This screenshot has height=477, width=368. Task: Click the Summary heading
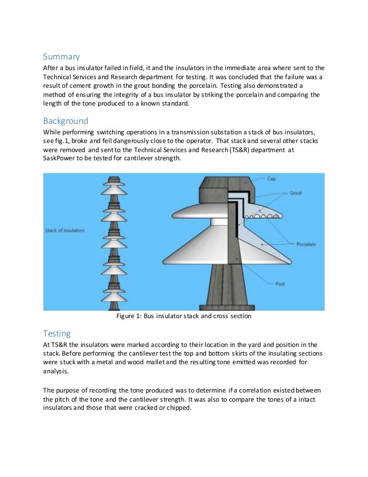coord(61,57)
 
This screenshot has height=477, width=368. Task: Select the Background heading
coord(66,120)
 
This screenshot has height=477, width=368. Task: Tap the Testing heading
coord(57,333)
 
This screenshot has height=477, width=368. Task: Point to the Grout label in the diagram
coord(296,193)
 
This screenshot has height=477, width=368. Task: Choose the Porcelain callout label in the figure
coord(306,244)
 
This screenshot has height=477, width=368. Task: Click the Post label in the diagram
coord(280,284)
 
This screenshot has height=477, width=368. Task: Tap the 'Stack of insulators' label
coord(65,230)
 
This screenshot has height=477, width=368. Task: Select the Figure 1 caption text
coord(184,317)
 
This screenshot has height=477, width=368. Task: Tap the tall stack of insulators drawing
coord(114,242)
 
